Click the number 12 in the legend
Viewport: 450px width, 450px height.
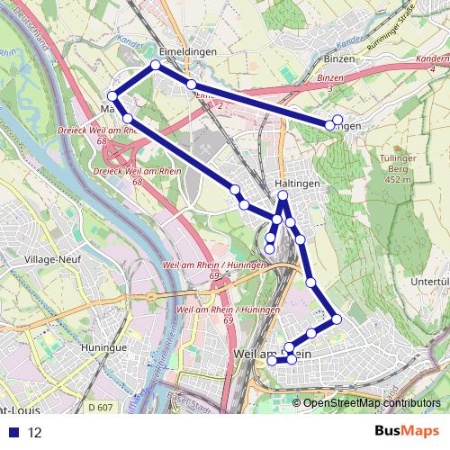pos(34,432)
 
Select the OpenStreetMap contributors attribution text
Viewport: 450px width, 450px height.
pos(372,403)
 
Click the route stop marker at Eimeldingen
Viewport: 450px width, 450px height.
pos(156,65)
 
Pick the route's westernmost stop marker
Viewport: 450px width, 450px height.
pos(112,96)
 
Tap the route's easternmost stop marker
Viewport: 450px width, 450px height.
pos(337,120)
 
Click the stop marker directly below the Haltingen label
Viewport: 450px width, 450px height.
pos(283,196)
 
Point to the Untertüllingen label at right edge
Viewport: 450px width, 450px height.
pos(429,282)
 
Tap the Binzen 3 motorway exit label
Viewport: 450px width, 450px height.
pos(331,84)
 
